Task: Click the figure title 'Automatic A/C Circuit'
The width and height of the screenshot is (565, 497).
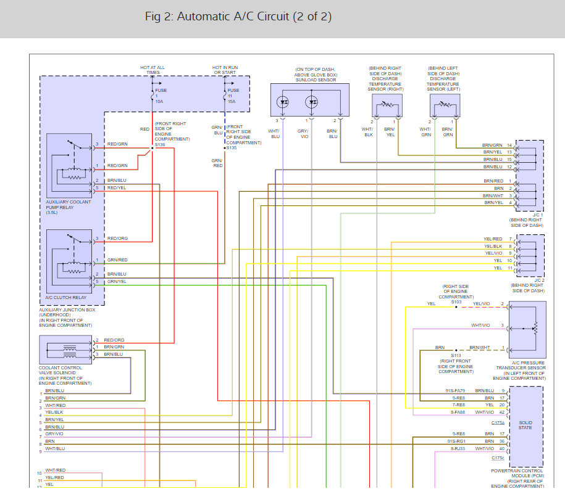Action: (238, 17)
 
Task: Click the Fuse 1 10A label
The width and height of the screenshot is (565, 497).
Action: (161, 96)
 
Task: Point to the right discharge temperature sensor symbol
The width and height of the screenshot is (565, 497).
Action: (387, 107)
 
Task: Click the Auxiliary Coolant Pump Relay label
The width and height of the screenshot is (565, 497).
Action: (68, 205)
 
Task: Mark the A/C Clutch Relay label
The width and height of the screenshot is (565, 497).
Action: (65, 297)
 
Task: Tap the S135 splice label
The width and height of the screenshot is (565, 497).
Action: (232, 148)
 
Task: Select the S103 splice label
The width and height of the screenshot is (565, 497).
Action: (456, 302)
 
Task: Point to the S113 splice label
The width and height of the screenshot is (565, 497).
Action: (456, 356)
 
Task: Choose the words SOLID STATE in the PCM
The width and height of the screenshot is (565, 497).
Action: (525, 425)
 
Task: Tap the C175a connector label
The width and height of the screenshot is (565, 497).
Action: (498, 422)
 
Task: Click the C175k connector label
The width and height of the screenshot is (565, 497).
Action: (498, 458)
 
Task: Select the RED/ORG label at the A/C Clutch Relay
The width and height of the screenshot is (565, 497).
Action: (117, 239)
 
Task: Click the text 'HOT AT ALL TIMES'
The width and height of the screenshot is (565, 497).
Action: (153, 70)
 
